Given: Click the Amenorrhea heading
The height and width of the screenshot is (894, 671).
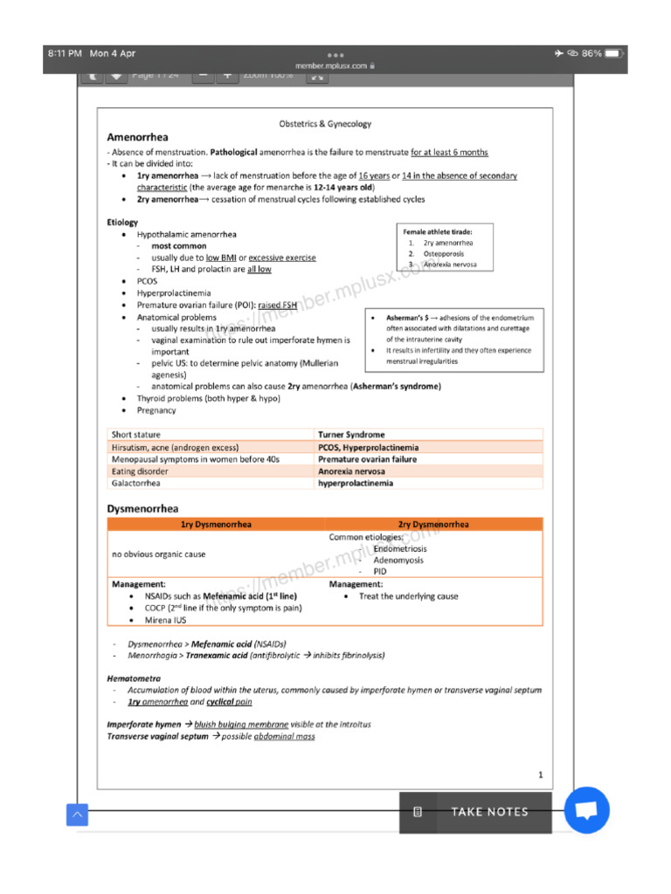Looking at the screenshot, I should pos(137,137).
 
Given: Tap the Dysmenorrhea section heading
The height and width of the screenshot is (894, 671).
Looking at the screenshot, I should pos(142,508).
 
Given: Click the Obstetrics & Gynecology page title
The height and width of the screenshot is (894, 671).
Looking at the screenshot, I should pos(325,124).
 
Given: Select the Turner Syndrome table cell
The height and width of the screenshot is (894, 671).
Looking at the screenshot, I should pos(351,435).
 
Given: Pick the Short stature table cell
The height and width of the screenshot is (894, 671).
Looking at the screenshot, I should pos(135,435).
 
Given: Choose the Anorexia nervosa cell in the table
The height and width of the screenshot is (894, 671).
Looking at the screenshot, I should pos(351,471).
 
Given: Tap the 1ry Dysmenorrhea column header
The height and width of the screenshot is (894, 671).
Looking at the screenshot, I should pos(216,525).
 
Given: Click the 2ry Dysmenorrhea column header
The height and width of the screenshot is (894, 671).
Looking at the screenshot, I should pos(433,525).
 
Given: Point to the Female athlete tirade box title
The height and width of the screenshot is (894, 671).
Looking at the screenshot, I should pos(438,231).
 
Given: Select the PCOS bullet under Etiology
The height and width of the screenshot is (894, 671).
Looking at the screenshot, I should pos(147,282).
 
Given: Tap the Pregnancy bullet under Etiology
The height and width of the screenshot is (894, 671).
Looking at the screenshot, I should pos(156,410).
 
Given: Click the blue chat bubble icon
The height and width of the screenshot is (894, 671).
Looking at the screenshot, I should pos(586,810).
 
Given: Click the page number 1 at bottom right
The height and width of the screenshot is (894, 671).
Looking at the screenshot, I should pos(540,774).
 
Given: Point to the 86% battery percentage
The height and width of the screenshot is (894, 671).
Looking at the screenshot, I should pos(591,53).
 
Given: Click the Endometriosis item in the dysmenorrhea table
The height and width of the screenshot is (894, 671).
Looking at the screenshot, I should pos(399,549).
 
